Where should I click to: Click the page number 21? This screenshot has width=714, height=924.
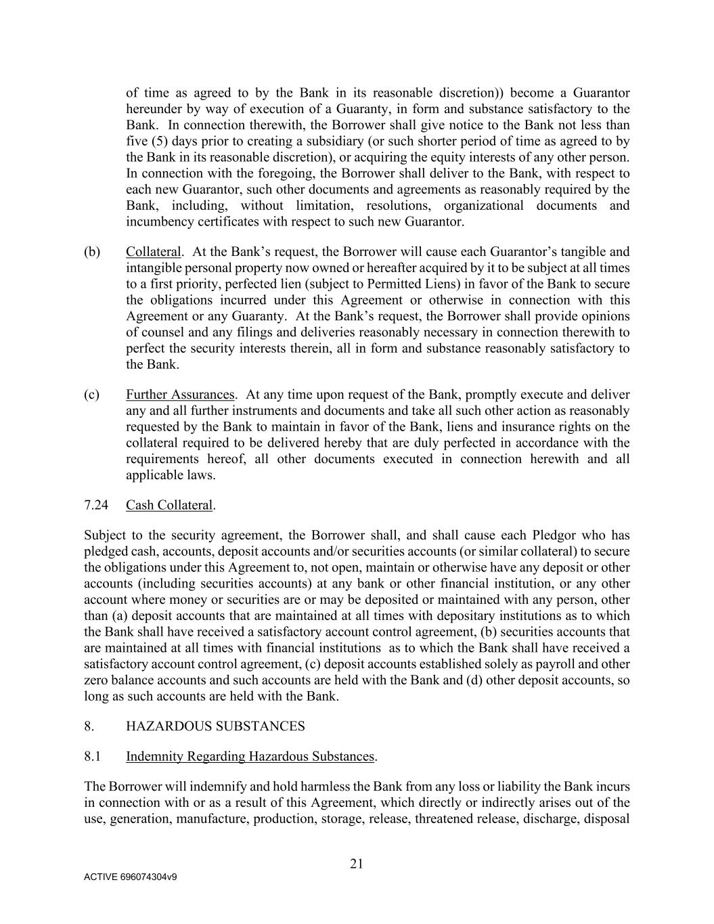coord(357,863)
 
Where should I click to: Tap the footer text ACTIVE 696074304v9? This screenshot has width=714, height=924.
coord(131,877)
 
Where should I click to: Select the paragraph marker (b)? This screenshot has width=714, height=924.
coord(92,252)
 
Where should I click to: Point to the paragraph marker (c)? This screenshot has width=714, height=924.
coord(92,395)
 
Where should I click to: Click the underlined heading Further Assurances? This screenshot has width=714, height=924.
coord(180,395)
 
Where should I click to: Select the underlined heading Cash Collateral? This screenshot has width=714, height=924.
coord(169,505)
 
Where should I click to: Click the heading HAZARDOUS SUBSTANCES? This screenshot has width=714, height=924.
coord(215,726)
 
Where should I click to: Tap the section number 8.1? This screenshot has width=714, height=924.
coord(93,756)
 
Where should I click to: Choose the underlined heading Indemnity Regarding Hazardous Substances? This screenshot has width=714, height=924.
coord(250,756)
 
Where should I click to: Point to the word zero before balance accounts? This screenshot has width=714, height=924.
coord(97,680)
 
